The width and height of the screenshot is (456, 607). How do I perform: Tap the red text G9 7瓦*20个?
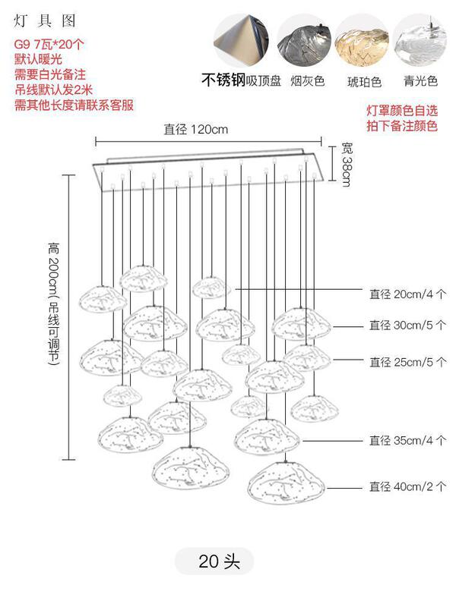(49, 44)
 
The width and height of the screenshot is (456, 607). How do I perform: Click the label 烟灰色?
(307, 80)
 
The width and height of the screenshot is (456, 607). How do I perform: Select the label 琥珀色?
(364, 80)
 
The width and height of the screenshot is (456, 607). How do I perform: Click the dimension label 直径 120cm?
(195, 130)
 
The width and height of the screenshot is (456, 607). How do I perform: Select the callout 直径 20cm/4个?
(407, 293)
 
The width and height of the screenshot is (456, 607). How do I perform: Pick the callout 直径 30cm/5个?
(407, 326)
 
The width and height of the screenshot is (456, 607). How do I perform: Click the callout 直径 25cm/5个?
(407, 361)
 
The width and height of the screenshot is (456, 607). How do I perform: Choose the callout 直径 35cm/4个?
(407, 440)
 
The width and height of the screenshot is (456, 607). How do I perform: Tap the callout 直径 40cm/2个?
(407, 486)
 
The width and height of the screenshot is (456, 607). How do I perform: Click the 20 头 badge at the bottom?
(219, 562)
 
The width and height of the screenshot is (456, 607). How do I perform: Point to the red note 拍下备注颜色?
(401, 126)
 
